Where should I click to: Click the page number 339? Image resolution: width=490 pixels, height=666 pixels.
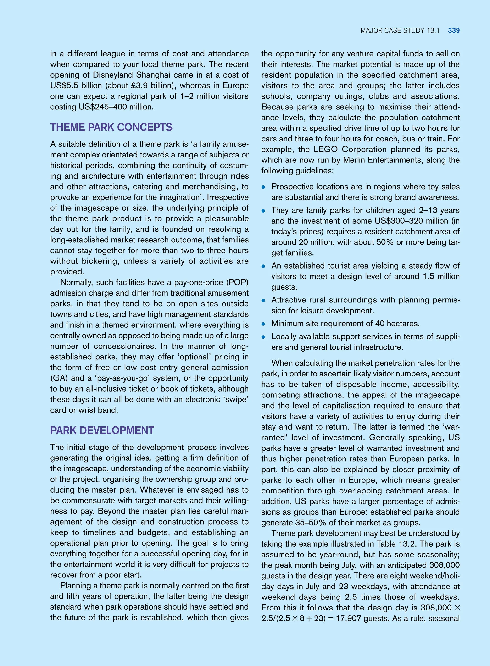click(x=454, y=31)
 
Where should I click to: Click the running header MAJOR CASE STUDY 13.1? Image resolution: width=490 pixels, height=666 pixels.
click(x=400, y=31)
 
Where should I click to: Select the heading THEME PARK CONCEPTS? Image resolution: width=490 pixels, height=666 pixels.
click(x=111, y=127)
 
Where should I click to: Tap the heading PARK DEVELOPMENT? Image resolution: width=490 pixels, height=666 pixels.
click(x=102, y=431)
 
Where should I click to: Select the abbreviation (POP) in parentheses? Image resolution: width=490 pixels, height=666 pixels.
click(x=237, y=282)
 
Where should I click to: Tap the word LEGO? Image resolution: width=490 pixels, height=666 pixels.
click(x=326, y=150)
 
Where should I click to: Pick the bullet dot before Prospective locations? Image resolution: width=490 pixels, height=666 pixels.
click(x=263, y=187)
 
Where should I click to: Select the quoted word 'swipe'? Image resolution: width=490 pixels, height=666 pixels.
click(x=234, y=400)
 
